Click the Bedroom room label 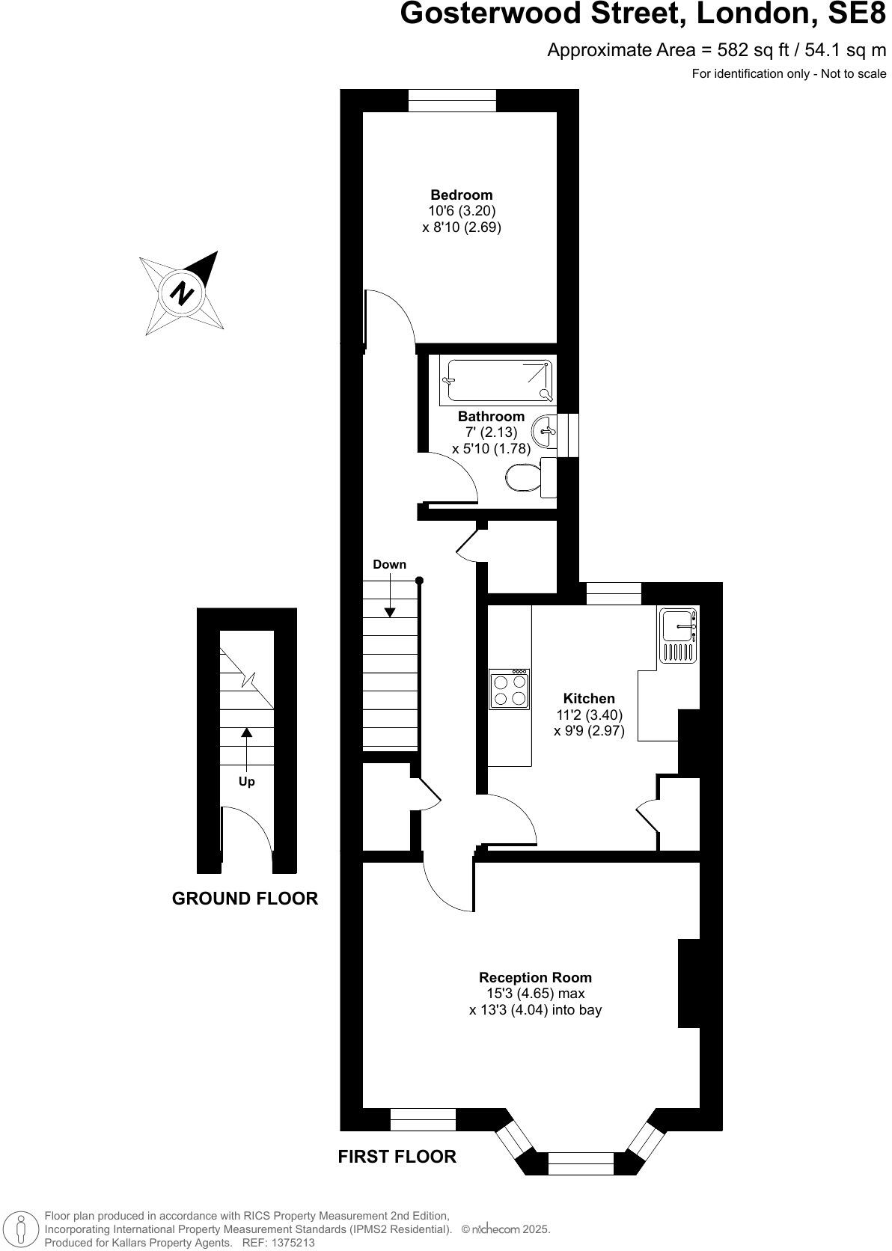click(461, 195)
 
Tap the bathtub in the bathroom click(497, 380)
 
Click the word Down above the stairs click(389, 564)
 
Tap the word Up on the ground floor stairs click(246, 781)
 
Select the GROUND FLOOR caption click(245, 899)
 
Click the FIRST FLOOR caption click(397, 1157)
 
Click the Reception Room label click(535, 977)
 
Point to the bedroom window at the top click(452, 100)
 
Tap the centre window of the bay click(581, 1163)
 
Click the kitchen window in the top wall click(614, 593)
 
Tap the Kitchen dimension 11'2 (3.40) click(589, 715)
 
